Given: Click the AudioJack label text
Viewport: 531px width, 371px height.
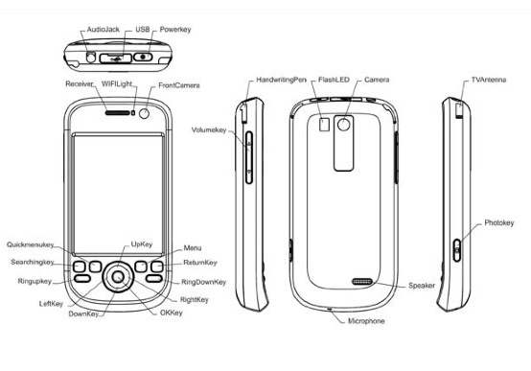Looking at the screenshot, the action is [103, 30].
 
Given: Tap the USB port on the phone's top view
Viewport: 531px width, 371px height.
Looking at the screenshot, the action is [115, 58].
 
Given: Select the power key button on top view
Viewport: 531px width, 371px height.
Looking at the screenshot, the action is [143, 57].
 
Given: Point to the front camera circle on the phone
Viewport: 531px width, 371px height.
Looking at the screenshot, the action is [145, 113].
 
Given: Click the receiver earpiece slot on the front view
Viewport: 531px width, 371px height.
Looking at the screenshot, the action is [118, 113].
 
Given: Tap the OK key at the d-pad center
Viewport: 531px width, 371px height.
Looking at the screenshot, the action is [118, 277].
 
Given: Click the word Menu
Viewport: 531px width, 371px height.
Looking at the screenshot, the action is [193, 248].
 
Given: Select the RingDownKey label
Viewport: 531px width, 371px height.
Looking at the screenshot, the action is [203, 282].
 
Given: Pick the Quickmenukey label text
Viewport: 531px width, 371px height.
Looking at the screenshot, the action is [30, 244].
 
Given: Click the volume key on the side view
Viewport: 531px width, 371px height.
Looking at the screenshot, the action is [249, 157].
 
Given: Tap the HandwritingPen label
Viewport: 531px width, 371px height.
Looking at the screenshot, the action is [281, 80].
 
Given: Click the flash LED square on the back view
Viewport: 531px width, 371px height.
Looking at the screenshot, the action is [324, 124].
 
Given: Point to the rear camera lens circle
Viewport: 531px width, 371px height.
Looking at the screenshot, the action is [344, 125].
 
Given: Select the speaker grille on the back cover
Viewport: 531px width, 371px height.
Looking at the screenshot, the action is [362, 282].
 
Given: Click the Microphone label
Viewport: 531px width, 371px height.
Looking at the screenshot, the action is [366, 321].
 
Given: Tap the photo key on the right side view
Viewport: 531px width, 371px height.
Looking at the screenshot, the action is [457, 250].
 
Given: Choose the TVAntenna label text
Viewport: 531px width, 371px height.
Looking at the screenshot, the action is [489, 80].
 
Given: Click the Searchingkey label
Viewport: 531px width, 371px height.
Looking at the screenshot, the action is [33, 262].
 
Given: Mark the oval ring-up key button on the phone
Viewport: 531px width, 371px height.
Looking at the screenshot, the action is [81, 279].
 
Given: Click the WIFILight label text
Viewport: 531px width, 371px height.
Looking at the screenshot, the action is [117, 83].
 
